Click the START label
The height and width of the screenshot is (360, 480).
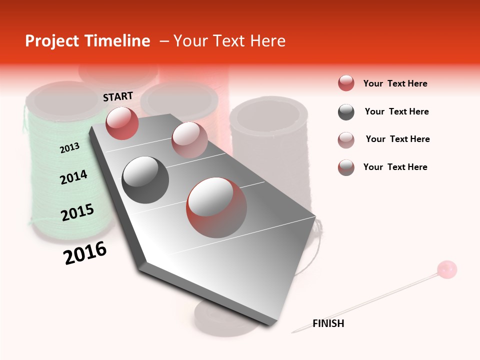click(118, 96)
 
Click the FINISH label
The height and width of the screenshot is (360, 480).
click(328, 323)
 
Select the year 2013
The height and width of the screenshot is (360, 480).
click(69, 147)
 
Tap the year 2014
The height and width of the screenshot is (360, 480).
click(73, 177)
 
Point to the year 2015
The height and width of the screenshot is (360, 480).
click(77, 212)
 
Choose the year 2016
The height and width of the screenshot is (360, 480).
click(85, 253)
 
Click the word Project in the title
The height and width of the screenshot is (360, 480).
click(52, 41)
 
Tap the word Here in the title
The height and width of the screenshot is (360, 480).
click(267, 41)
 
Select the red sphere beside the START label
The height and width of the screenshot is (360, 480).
click(122, 123)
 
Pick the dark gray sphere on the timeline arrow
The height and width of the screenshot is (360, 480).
click(145, 180)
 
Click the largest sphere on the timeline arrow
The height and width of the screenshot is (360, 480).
click(216, 207)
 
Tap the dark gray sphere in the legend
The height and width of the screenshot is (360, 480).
click(346, 112)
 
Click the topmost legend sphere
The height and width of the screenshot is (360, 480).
click(346, 83)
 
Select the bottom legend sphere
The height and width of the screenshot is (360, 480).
click(346, 167)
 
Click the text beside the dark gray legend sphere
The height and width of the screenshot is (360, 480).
click(396, 111)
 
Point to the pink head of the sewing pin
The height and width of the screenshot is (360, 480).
click(446, 269)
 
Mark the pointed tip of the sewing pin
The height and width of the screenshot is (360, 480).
click(292, 332)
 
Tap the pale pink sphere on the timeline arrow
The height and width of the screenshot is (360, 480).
click(189, 140)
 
